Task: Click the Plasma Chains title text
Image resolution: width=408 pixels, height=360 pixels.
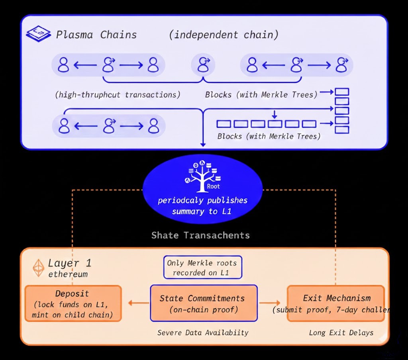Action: click(96, 35)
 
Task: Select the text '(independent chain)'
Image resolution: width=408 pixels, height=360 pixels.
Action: click(224, 35)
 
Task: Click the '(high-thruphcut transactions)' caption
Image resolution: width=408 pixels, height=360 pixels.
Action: click(118, 95)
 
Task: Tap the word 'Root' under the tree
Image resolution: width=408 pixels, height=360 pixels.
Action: click(213, 186)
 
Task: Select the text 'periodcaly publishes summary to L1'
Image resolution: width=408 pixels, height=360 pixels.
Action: click(202, 205)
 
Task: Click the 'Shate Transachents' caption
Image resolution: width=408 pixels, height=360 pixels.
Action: click(200, 235)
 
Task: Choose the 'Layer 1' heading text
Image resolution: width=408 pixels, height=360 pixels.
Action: click(69, 263)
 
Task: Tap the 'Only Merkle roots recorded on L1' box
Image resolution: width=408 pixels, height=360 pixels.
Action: click(202, 268)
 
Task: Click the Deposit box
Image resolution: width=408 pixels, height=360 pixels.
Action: click(73, 303)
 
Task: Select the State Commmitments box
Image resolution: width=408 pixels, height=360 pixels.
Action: click(203, 303)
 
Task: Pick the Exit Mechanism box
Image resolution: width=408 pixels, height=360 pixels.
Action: click(335, 303)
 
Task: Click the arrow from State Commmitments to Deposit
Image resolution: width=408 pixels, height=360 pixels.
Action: click(138, 303)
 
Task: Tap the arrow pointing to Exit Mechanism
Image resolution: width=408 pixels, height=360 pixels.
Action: click(270, 303)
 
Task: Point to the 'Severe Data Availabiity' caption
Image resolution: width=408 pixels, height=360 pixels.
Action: click(202, 333)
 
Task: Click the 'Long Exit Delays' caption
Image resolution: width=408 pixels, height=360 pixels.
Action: click(341, 333)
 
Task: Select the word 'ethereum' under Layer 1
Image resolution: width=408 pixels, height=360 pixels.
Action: click(68, 274)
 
